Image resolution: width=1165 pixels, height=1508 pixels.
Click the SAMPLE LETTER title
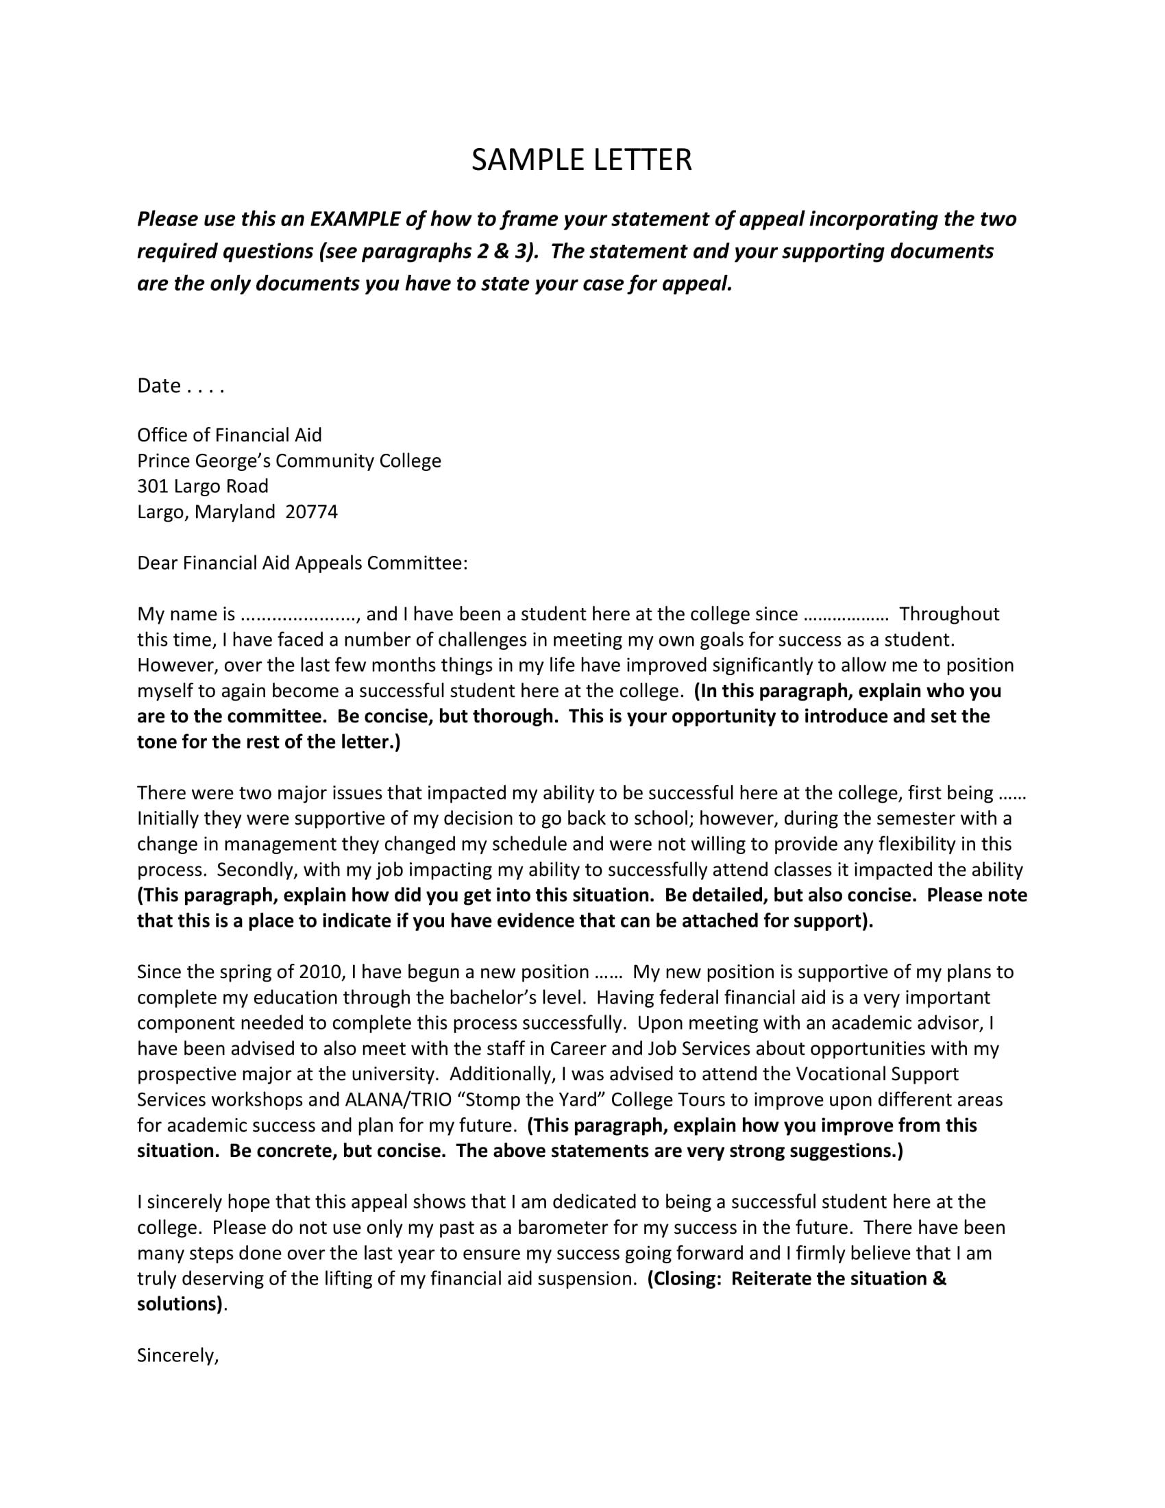tap(581, 160)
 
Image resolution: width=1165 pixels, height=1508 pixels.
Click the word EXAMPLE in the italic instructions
tap(355, 219)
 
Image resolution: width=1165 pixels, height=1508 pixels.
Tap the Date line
tap(181, 385)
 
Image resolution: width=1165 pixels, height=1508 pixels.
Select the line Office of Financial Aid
tap(229, 435)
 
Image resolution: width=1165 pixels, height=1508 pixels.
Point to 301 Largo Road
tap(202, 486)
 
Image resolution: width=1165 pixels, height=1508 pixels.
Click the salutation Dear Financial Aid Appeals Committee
tap(302, 563)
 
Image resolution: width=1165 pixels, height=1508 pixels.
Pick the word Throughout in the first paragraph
tap(949, 614)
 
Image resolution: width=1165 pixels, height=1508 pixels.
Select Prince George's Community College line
tap(289, 461)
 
